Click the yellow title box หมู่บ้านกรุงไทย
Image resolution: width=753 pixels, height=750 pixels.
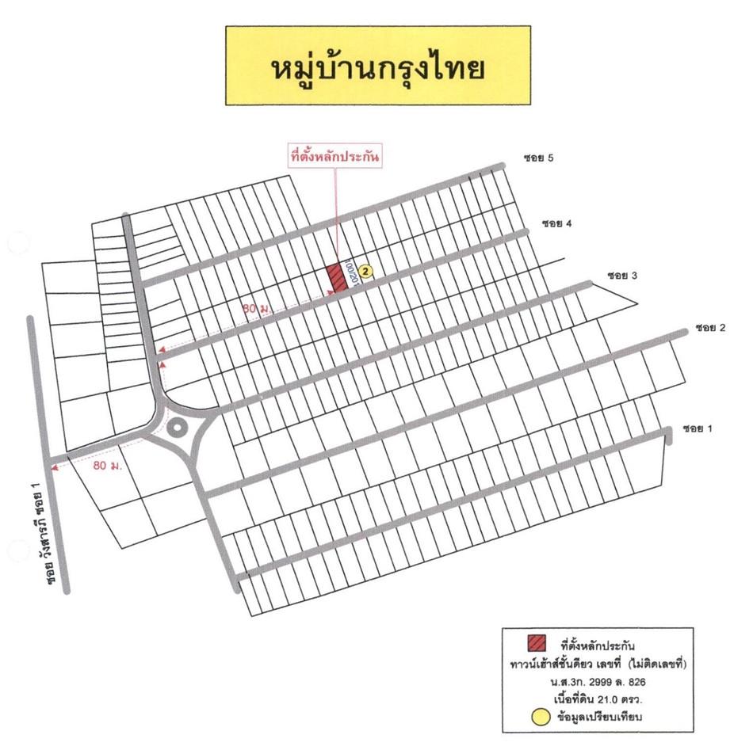(x=377, y=66)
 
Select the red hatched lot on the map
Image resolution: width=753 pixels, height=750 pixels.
(x=338, y=277)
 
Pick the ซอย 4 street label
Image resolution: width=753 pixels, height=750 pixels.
(x=556, y=224)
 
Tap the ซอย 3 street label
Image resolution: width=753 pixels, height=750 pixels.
(x=623, y=276)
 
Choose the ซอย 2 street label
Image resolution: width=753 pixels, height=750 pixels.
(x=711, y=327)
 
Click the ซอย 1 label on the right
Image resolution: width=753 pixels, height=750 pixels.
(x=697, y=428)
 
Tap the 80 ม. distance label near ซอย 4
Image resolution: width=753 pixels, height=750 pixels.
(x=255, y=309)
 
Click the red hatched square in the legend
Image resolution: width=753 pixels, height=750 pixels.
(x=537, y=644)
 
